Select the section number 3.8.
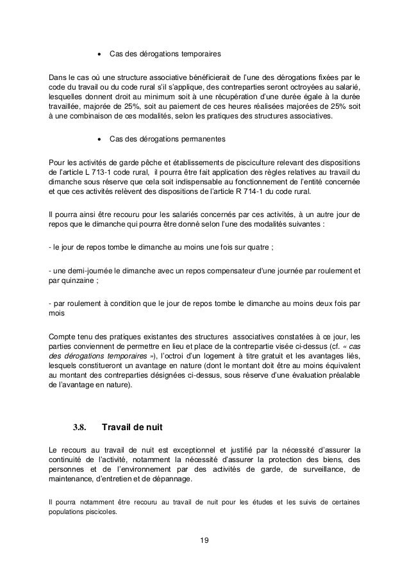point(79,427)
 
